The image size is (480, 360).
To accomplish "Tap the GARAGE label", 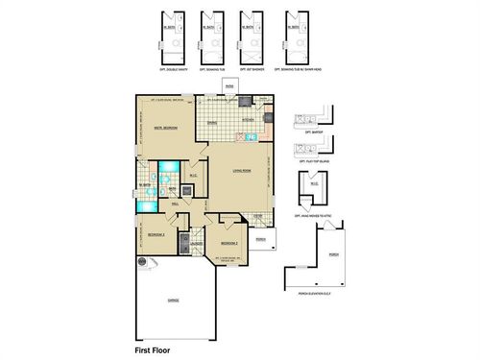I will [x=174, y=300].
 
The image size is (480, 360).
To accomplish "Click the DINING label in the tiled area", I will [x=212, y=120].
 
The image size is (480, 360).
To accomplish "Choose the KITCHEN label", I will [x=247, y=119].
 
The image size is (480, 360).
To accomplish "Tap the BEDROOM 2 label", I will [x=228, y=243].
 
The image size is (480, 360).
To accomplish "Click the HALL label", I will [x=176, y=204].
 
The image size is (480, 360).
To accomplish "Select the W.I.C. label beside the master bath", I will [x=192, y=175].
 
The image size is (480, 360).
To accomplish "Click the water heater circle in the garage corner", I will [x=141, y=261].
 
